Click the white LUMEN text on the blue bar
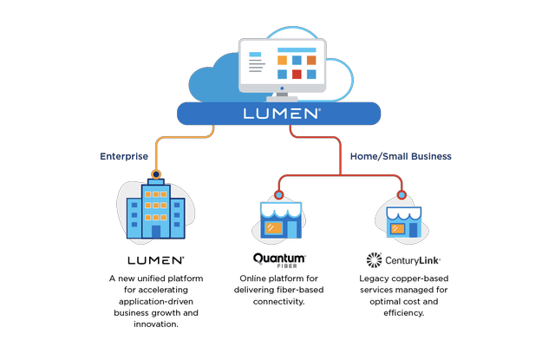coord(278,114)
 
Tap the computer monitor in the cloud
coord(278,64)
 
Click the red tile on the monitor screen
coord(296,75)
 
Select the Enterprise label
coord(124,156)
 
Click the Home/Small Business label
coord(402,156)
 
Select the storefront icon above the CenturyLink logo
coord(402,220)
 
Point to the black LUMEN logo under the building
coord(156,259)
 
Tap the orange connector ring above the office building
coord(156,174)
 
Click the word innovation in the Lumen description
coord(157,323)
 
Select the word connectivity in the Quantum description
coord(279,300)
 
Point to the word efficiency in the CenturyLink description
coord(402,311)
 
